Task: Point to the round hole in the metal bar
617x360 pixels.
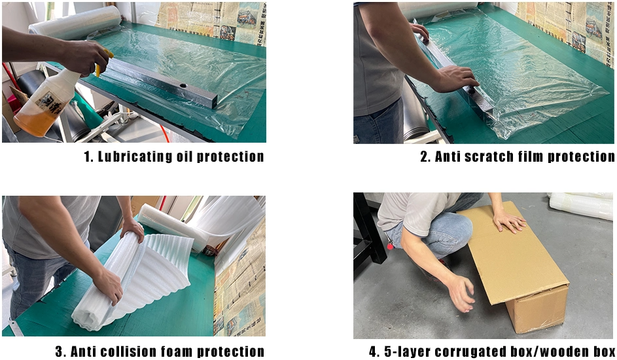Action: tap(183, 85)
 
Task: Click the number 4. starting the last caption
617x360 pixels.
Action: tap(374, 351)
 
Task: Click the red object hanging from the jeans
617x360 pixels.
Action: tap(390, 245)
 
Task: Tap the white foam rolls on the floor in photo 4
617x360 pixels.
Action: tap(582, 206)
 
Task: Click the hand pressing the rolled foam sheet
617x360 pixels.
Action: tap(108, 285)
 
